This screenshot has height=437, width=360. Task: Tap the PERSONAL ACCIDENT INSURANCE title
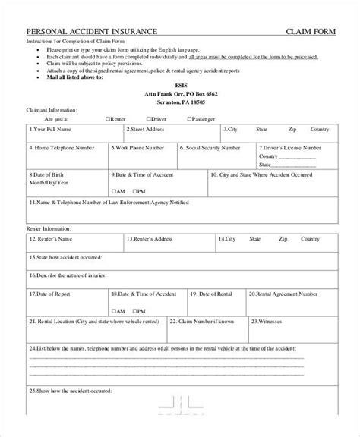(x=92, y=31)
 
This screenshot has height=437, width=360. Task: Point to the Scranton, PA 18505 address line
(x=180, y=101)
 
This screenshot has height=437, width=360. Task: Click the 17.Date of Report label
(x=52, y=292)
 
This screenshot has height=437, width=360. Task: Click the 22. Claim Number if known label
(x=208, y=322)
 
